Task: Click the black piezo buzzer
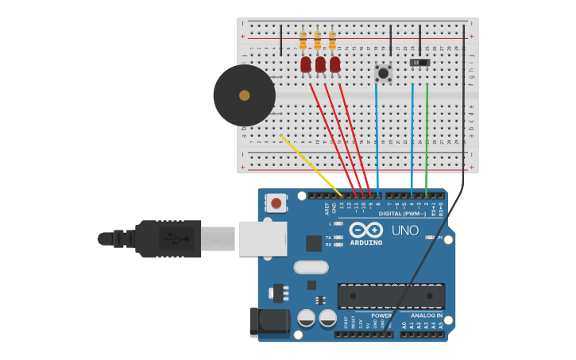[244, 95]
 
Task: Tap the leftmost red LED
[306, 64]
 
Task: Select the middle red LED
[320, 64]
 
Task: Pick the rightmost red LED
[334, 64]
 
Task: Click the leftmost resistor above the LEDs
[303, 40]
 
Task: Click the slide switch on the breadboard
[419, 62]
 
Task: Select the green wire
[427, 139]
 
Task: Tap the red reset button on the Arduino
[276, 203]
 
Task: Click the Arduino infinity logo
[365, 230]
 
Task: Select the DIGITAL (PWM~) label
[400, 214]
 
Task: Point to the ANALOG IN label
[427, 315]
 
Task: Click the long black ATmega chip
[390, 296]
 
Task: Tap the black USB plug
[167, 238]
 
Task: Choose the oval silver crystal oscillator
[311, 267]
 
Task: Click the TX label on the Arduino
[328, 238]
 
